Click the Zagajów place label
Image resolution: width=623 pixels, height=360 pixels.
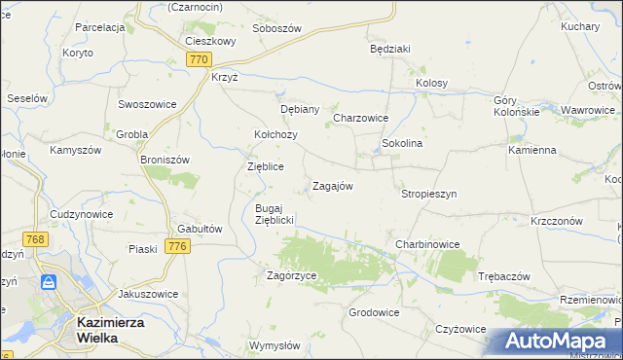[x=331, y=185]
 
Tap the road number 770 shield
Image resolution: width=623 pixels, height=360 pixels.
[x=199, y=59]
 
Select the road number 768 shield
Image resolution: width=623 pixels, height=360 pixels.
[x=36, y=239]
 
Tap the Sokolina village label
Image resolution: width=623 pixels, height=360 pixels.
[x=401, y=143]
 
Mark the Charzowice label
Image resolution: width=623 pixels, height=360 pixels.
[x=361, y=118]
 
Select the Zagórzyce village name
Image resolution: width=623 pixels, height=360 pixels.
[x=292, y=275]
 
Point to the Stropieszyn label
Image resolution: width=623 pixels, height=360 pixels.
[x=428, y=194]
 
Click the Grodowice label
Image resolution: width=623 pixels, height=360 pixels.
[x=374, y=312]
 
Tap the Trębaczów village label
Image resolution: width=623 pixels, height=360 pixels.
[x=504, y=276]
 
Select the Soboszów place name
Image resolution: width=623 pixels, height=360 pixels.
[x=276, y=28]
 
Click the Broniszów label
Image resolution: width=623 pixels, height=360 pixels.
[x=164, y=159]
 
